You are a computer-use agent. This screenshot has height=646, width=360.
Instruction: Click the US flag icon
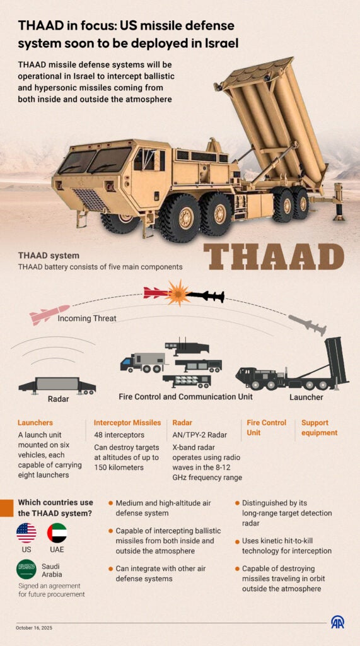26,533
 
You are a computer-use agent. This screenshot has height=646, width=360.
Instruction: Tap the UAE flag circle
57,533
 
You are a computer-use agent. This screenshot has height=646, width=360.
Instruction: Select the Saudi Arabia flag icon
26,570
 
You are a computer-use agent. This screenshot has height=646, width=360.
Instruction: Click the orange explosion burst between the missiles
178,293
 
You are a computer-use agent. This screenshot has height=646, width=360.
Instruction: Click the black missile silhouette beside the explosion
206,296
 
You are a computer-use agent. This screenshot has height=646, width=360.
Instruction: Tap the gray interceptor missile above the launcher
308,325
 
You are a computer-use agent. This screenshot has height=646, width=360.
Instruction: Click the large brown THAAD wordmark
274,257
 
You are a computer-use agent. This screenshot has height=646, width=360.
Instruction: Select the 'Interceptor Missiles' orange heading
127,423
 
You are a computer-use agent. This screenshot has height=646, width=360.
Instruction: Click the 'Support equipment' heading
319,428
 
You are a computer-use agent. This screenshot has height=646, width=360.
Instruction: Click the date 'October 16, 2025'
34,628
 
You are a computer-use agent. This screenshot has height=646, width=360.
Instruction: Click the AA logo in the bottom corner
338,622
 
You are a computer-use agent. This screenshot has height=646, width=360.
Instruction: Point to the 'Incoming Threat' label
87,319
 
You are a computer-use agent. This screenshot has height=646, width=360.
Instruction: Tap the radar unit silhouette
57,385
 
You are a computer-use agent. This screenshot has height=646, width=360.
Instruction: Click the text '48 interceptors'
119,435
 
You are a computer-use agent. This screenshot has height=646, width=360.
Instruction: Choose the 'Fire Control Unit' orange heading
267,428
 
